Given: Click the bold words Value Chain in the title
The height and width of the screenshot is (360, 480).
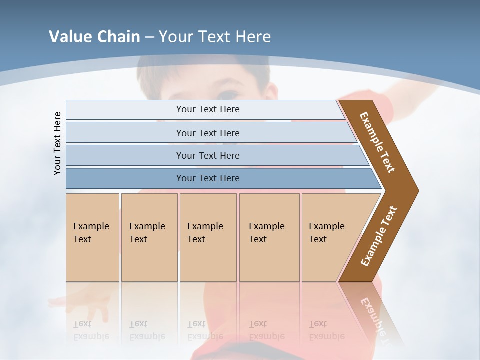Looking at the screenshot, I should click(x=94, y=37).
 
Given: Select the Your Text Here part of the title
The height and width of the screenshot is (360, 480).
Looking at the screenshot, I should click(x=215, y=37).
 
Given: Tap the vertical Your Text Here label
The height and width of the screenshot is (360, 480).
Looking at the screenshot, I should click(x=57, y=143).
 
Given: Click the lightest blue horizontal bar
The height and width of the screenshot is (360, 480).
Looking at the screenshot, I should click(x=208, y=109).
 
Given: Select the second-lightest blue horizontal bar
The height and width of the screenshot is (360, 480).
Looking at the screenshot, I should click(x=208, y=133).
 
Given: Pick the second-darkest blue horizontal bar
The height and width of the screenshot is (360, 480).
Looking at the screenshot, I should click(x=208, y=155).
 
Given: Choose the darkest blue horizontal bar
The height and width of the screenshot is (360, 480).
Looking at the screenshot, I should click(x=208, y=178).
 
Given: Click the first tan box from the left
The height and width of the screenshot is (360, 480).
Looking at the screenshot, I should click(x=92, y=237).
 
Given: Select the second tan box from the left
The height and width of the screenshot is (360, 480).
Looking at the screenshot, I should click(x=149, y=237).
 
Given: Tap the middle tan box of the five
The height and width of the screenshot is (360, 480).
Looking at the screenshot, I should click(x=208, y=237).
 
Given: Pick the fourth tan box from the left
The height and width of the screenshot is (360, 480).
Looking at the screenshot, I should click(x=269, y=237).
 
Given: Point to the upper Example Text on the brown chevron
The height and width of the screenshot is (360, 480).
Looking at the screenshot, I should click(x=377, y=142).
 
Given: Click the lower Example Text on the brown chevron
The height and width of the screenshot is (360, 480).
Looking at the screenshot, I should click(x=379, y=236).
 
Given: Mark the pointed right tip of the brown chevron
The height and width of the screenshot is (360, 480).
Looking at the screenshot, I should click(x=417, y=191).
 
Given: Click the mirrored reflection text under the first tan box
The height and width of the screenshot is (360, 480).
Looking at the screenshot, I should click(x=91, y=330).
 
